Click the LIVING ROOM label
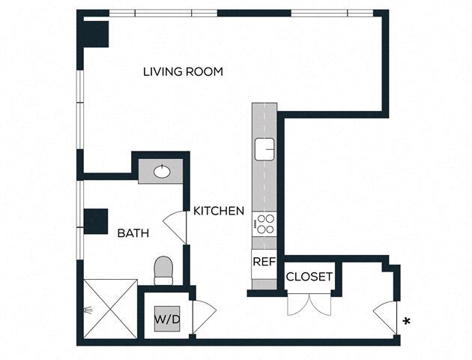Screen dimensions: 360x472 click(184, 71)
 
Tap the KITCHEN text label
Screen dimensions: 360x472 click(219, 211)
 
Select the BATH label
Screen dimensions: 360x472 click(133, 233)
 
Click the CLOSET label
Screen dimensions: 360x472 click(309, 277)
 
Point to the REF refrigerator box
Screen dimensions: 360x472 click(263, 262)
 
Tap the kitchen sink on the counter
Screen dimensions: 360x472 click(264, 149)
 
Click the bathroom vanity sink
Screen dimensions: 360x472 click(162, 172)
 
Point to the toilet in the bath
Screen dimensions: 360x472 click(163, 269)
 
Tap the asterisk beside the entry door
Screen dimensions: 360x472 click(407, 322)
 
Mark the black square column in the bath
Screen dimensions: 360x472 click(96, 221)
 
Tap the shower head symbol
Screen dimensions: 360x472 click(90, 307)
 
